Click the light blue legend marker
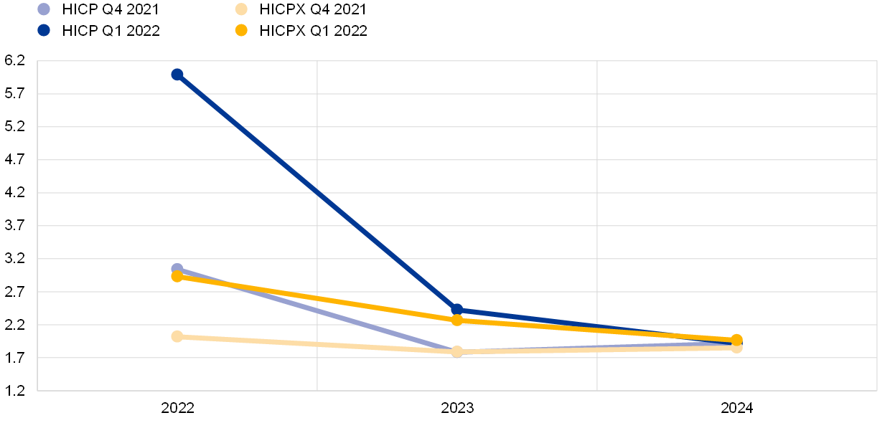click(44, 9)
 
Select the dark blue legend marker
click(44, 30)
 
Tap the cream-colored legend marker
click(241, 9)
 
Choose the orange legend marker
click(241, 30)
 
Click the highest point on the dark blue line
click(177, 75)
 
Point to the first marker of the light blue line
click(177, 269)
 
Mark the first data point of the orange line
click(177, 277)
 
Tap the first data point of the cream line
click(177, 336)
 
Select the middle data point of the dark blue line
click(457, 310)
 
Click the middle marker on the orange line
click(457, 320)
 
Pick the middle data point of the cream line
click(457, 351)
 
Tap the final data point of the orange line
click(736, 340)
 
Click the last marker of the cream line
click(736, 348)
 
